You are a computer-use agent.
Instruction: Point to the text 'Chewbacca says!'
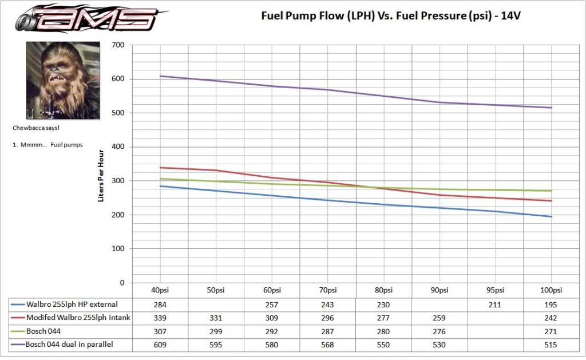click(x=36, y=128)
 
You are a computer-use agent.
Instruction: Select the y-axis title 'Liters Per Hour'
click(x=101, y=175)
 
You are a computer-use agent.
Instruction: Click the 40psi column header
click(x=160, y=290)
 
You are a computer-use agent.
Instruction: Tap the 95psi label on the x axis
click(x=496, y=290)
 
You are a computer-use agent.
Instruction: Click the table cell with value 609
click(x=160, y=345)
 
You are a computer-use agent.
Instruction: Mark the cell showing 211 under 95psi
click(x=496, y=304)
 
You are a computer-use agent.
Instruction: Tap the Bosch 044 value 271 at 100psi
click(x=552, y=331)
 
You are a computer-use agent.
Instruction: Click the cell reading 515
click(x=552, y=345)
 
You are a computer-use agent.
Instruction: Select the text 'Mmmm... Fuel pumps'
click(x=48, y=145)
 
